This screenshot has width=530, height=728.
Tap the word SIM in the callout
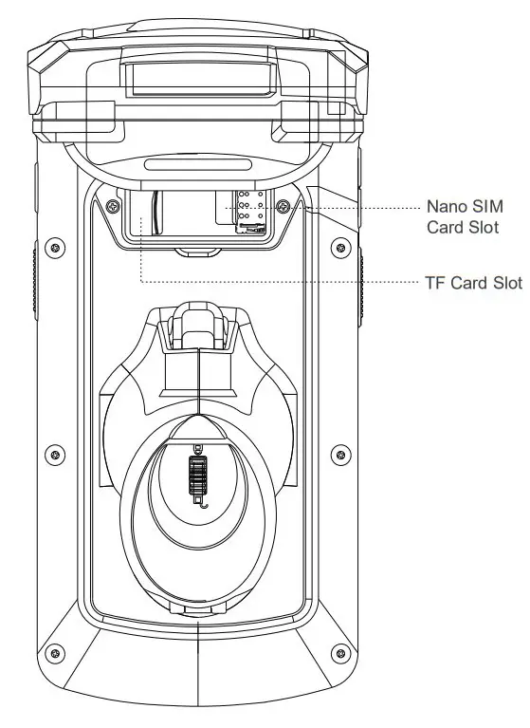click(487, 207)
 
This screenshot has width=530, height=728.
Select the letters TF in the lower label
click(435, 283)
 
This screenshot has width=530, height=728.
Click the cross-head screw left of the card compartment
click(112, 206)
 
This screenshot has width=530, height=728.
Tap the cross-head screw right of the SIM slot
click(283, 205)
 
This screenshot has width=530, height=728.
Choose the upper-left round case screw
click(55, 247)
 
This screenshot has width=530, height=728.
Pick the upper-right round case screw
click(340, 247)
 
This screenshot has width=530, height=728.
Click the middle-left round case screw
click(55, 454)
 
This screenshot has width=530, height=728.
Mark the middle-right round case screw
click(340, 454)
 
